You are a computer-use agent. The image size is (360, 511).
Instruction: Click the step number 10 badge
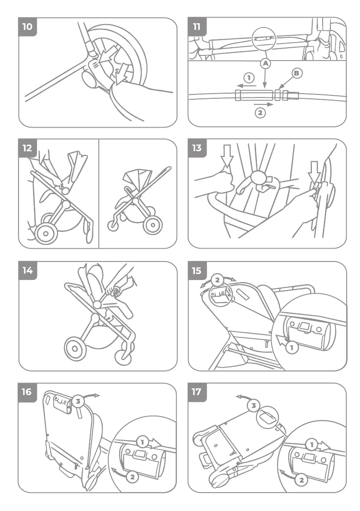tap(27, 27)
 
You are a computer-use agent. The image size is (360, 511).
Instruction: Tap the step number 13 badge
tap(197, 148)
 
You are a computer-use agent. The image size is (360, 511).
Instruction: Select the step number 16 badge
tap(27, 392)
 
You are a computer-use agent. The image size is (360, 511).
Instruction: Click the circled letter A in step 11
tap(265, 63)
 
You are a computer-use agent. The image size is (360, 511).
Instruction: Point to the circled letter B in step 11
tap(296, 73)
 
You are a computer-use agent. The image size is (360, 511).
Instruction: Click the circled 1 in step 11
tap(248, 78)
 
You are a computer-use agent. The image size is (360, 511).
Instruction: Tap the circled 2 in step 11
tap(260, 113)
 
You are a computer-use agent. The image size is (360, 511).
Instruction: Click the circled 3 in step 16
tap(78, 401)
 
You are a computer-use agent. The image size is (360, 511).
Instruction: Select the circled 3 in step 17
tap(254, 405)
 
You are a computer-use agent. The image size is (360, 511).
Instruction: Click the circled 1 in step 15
tap(292, 347)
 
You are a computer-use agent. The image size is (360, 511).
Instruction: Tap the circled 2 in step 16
tap(132, 476)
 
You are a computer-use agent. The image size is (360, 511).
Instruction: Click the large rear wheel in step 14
tap(75, 349)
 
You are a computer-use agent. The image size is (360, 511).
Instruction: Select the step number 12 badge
tap(27, 148)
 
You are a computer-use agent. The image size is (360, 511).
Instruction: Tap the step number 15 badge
tap(197, 271)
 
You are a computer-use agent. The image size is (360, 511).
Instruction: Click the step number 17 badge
tap(197, 392)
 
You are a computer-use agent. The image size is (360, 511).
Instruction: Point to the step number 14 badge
tap(27, 271)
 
